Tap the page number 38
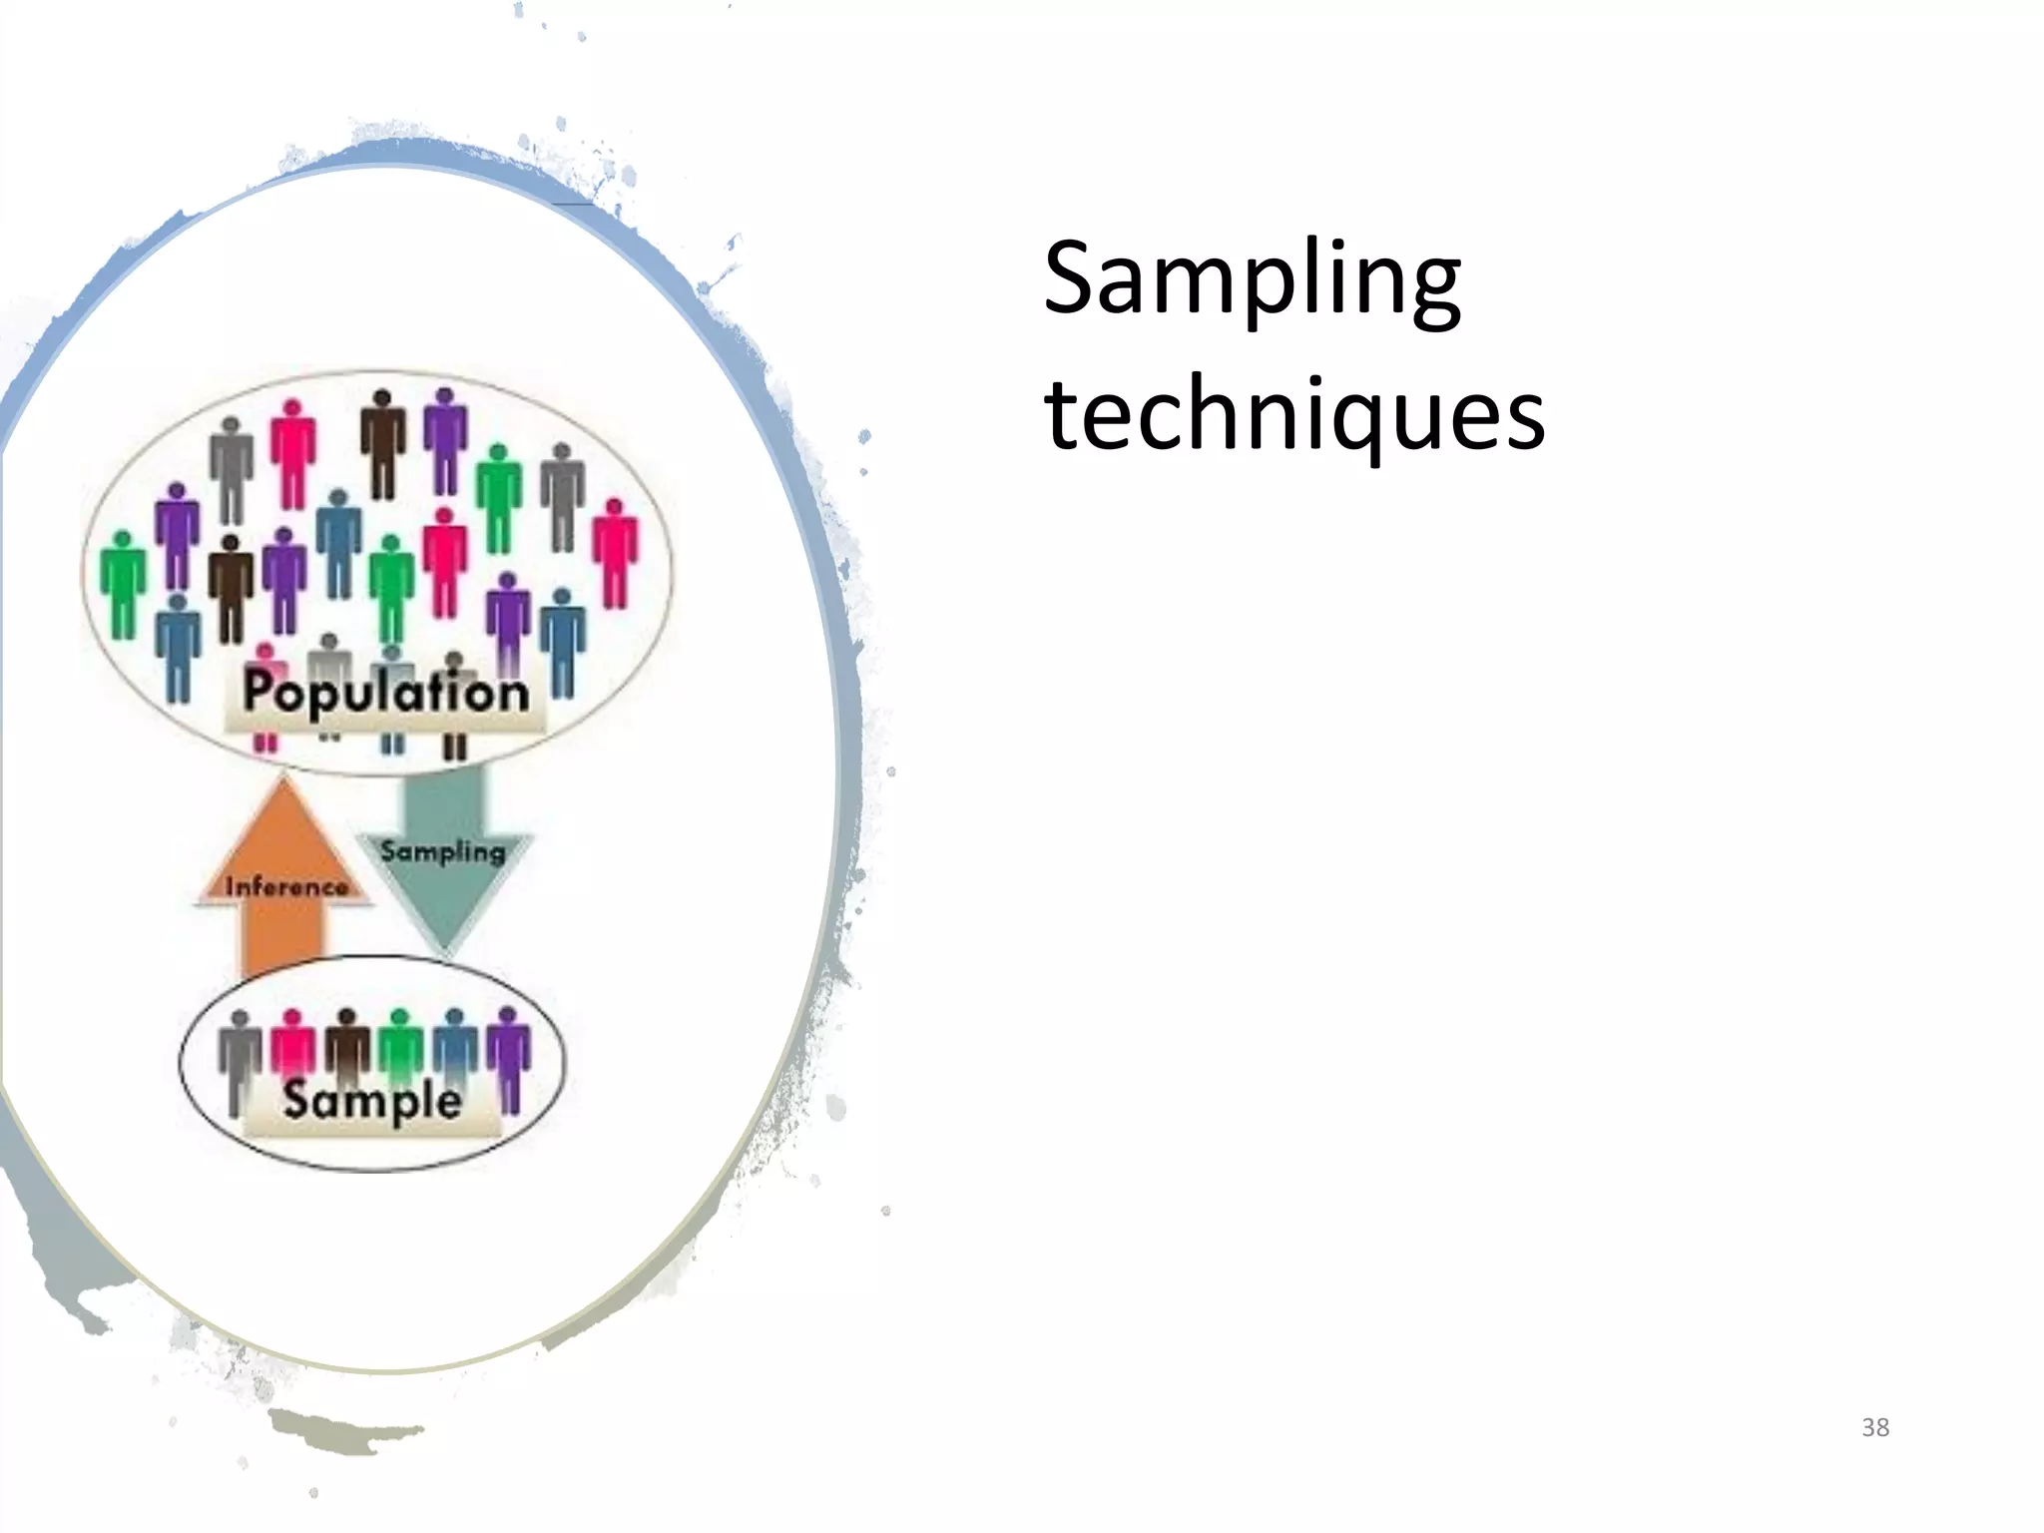(1875, 1427)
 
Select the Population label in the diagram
(385, 692)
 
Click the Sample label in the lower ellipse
(371, 1100)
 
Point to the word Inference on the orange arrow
(286, 886)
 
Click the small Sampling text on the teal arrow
(442, 851)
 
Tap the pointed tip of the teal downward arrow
(443, 953)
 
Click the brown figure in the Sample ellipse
(346, 1048)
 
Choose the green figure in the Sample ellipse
(400, 1048)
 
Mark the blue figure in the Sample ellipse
(455, 1048)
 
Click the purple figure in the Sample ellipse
(510, 1058)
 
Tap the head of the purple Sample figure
(509, 1016)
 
